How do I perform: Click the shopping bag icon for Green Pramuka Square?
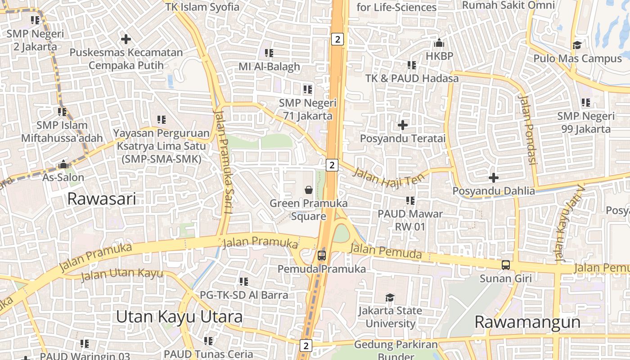coord(309,189)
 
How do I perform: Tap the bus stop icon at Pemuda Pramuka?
coord(321,256)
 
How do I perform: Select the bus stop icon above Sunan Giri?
coord(506,265)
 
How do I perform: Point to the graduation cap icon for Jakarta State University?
coord(390,297)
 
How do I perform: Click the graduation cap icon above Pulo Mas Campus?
coord(577,45)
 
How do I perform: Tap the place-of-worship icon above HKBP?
coord(439,43)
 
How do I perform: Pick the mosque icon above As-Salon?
coord(63,164)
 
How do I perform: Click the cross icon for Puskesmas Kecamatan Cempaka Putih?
coord(126,39)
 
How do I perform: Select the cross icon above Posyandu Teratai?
coord(403,125)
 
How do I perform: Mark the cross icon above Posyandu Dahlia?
coord(494,178)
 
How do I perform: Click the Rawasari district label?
coord(101,198)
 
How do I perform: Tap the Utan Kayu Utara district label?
coord(179,316)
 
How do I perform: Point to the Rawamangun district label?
coord(527,322)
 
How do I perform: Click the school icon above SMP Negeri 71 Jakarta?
coord(308,90)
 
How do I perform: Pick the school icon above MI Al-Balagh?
coord(269,53)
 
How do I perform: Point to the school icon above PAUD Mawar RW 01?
coord(410,200)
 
